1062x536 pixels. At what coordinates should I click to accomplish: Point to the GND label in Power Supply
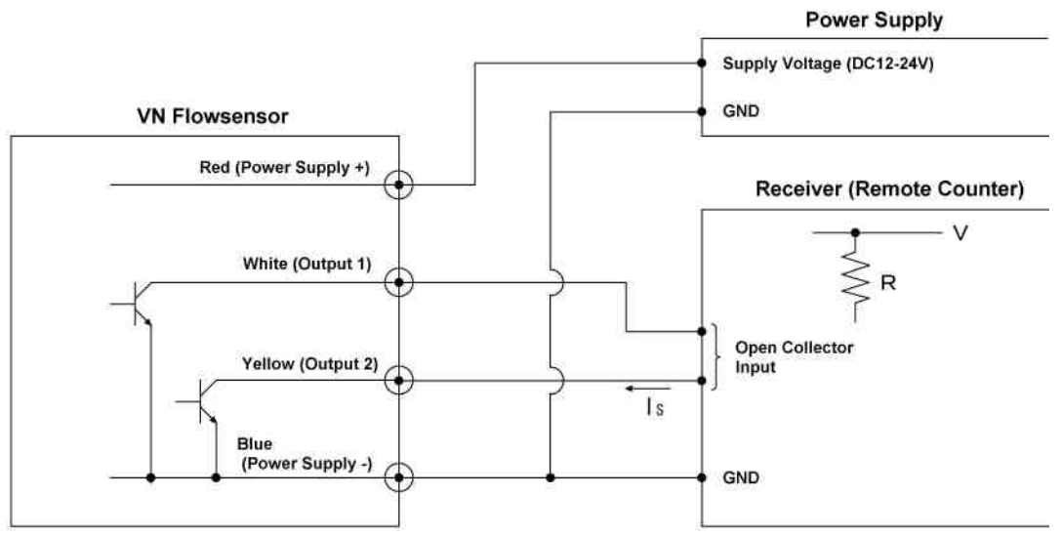pyautogui.click(x=738, y=111)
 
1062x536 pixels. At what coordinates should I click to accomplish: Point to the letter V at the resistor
pyautogui.click(x=960, y=234)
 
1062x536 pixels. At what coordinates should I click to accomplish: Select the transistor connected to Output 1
pyautogui.click(x=139, y=303)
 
